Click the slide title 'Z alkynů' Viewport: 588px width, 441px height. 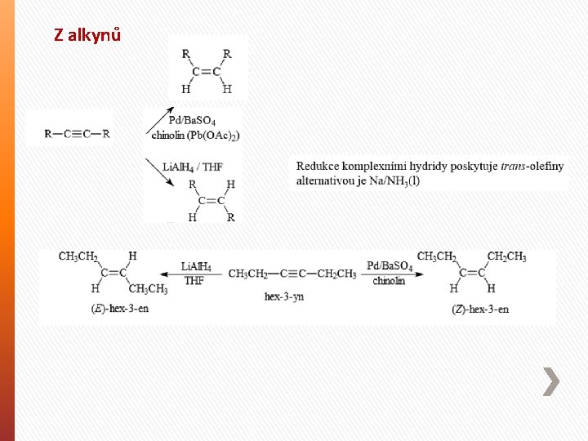pyautogui.click(x=87, y=35)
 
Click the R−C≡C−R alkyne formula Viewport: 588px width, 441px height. pyautogui.click(x=77, y=133)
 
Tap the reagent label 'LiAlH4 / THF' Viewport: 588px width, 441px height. pyautogui.click(x=193, y=167)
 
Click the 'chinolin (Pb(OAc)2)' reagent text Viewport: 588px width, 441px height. pyautogui.click(x=195, y=135)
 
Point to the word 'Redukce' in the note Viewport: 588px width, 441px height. pyautogui.click(x=318, y=167)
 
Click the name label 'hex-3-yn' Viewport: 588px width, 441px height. pyautogui.click(x=283, y=296)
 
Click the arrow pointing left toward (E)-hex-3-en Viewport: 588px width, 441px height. pyautogui.click(x=194, y=273)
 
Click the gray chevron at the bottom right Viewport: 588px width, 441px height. pyautogui.click(x=552, y=382)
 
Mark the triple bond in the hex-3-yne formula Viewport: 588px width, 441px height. pyautogui.click(x=292, y=274)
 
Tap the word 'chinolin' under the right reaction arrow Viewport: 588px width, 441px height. pyautogui.click(x=389, y=282)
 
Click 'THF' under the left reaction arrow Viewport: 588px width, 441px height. pyautogui.click(x=194, y=281)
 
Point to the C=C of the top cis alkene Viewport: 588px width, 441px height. pyautogui.click(x=206, y=72)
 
